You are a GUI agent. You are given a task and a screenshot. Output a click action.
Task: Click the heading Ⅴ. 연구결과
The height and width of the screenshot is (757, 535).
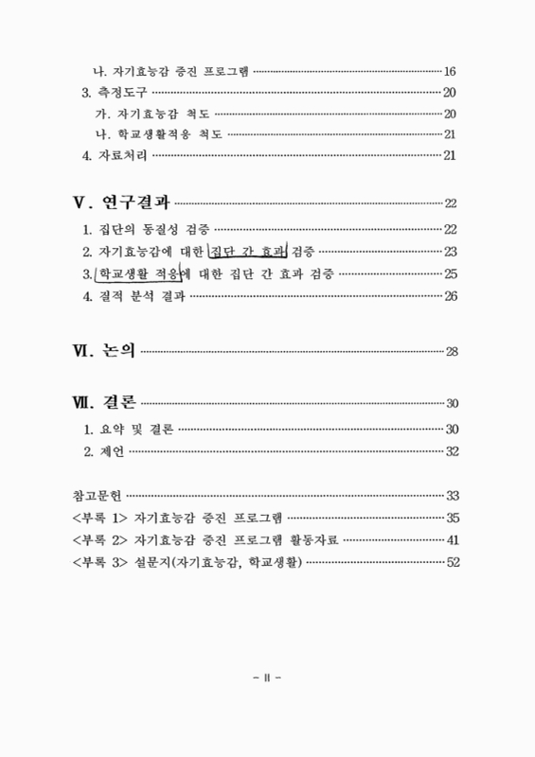click(x=121, y=202)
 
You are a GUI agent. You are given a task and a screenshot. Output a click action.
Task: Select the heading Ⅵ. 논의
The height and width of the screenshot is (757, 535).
click(x=104, y=352)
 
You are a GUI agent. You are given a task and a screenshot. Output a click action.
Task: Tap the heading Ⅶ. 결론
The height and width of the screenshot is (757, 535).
click(x=104, y=402)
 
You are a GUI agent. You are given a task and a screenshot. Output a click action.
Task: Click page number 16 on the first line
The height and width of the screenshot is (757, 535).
click(x=451, y=72)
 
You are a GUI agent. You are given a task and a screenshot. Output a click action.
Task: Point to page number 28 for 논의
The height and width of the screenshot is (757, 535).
click(x=452, y=353)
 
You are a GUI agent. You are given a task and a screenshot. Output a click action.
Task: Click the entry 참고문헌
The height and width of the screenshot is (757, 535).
click(x=97, y=495)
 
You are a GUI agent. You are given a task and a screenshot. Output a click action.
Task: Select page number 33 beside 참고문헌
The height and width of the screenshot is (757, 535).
click(x=452, y=495)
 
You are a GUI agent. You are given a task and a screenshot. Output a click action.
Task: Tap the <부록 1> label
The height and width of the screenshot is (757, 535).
click(x=100, y=518)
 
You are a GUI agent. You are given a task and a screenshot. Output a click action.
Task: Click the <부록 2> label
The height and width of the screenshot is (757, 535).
click(x=100, y=540)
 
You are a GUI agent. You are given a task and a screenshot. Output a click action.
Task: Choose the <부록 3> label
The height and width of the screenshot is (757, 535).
click(x=100, y=563)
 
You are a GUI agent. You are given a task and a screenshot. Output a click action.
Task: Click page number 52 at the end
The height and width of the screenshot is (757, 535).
click(x=452, y=563)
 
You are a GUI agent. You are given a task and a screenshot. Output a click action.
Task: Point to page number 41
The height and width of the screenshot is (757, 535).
click(x=452, y=540)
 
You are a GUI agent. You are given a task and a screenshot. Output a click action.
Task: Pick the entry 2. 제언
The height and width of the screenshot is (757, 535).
click(x=104, y=450)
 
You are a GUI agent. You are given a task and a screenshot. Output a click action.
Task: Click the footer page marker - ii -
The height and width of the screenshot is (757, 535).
click(x=268, y=678)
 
